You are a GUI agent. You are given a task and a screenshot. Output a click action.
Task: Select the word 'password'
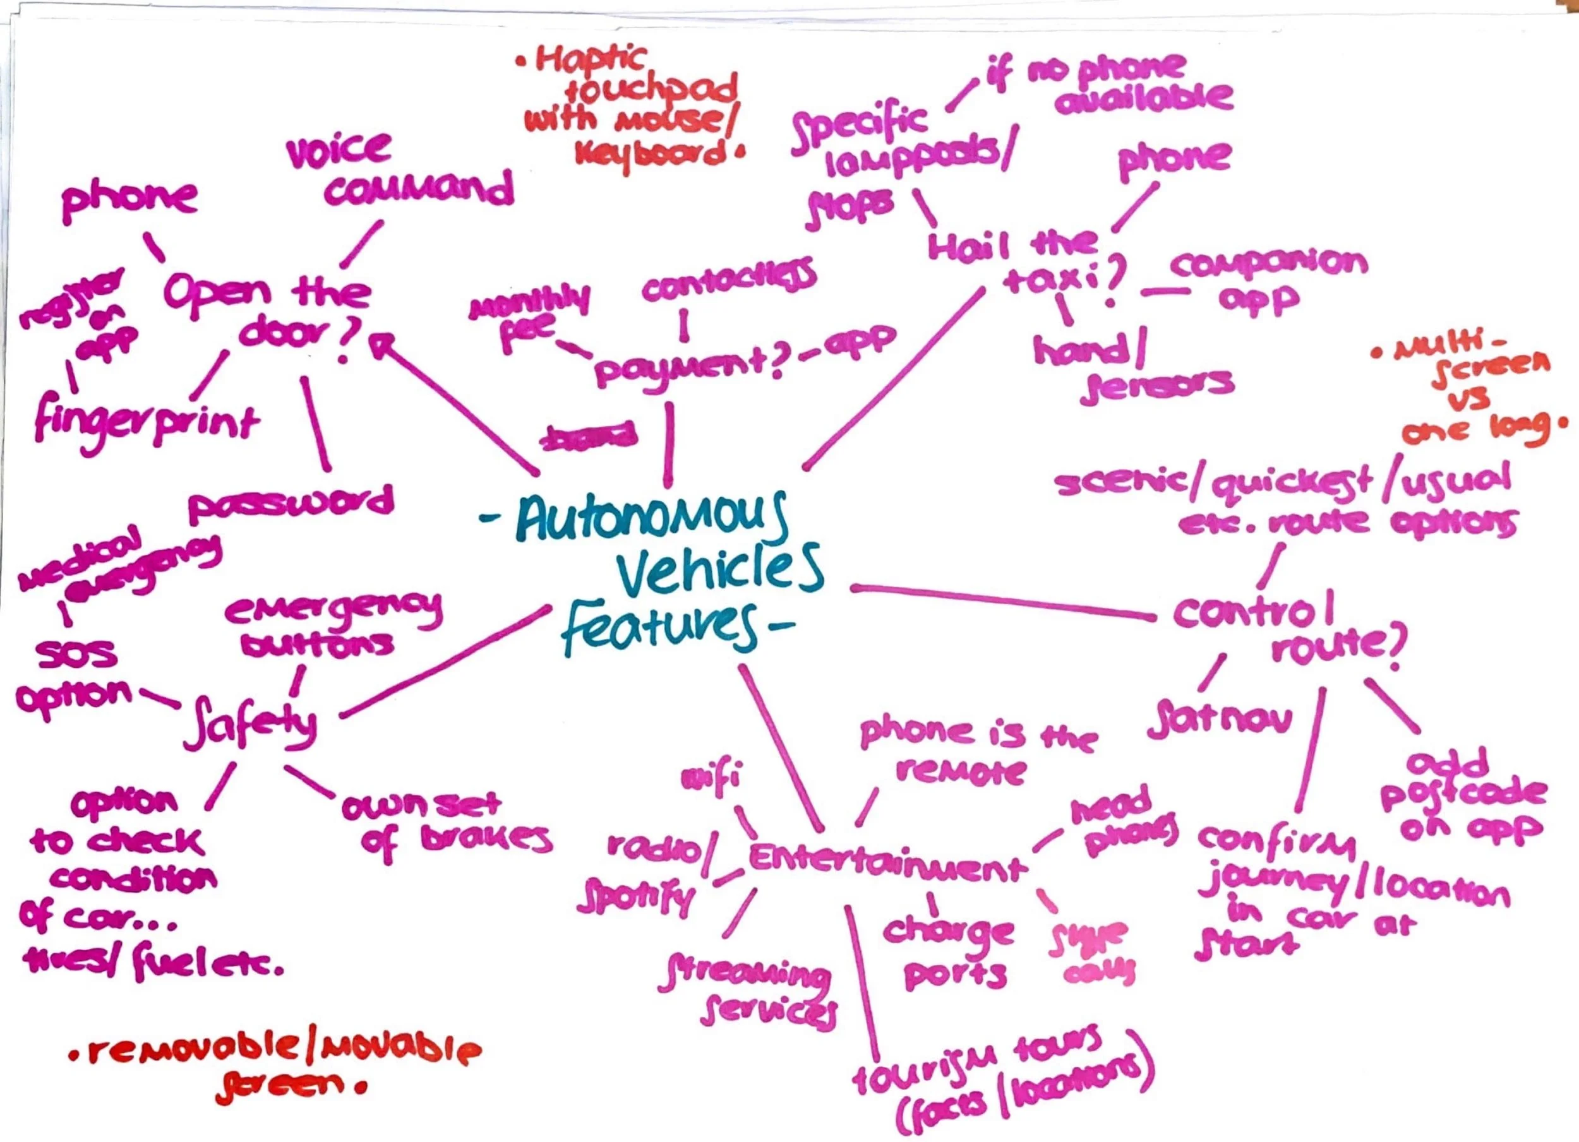tap(291, 503)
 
